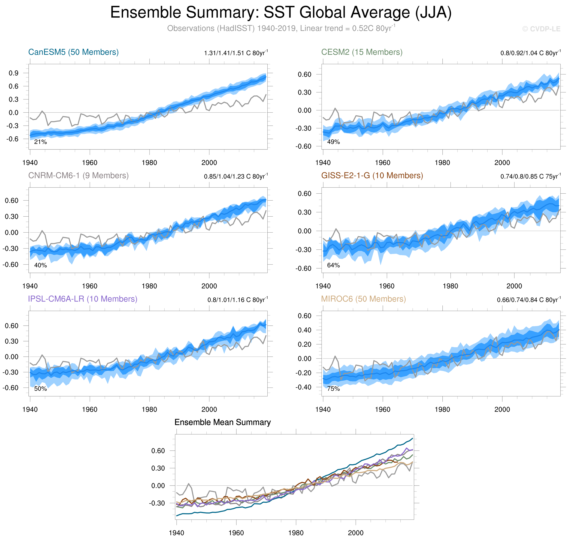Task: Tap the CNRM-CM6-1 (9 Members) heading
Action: pyautogui.click(x=78, y=176)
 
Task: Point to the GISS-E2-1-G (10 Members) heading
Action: pyautogui.click(x=372, y=176)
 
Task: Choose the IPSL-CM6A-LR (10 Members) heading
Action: pyautogui.click(x=83, y=299)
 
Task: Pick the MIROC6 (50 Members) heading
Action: pyautogui.click(x=363, y=299)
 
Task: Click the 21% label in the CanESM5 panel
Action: pyautogui.click(x=40, y=142)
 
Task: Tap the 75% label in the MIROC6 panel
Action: pyautogui.click(x=333, y=389)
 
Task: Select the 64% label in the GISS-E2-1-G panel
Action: pyautogui.click(x=333, y=265)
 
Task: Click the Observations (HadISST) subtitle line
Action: pyautogui.click(x=281, y=29)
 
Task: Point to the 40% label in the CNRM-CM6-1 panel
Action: pyautogui.click(x=40, y=265)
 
